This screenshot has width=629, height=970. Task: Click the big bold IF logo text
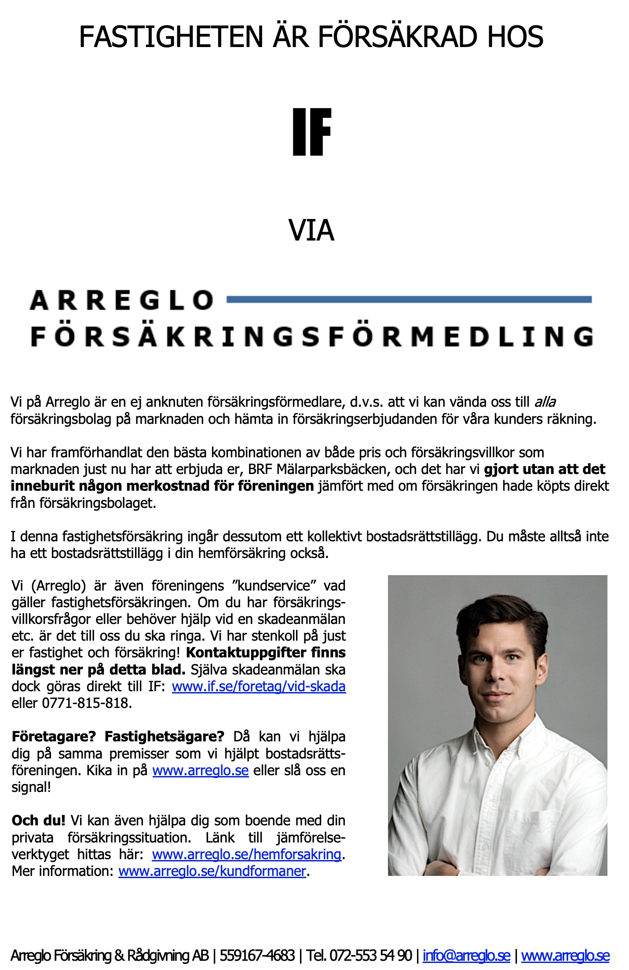tap(311, 132)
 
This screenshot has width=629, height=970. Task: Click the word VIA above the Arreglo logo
tap(311, 230)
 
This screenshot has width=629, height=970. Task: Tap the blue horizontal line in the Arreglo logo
tap(409, 300)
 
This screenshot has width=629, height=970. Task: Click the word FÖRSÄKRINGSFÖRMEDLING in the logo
tap(312, 337)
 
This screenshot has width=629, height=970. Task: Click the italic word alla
tap(545, 402)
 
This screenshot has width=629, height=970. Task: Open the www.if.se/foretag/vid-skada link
tap(259, 686)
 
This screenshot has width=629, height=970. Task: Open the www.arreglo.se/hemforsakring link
tap(246, 854)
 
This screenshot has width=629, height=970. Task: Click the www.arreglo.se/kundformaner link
tap(212, 871)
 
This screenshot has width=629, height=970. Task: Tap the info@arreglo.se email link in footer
tap(466, 955)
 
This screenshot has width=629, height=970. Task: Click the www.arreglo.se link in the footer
tap(565, 955)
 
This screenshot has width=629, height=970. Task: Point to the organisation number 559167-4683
tap(257, 955)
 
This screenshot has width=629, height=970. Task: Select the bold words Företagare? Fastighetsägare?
tap(118, 737)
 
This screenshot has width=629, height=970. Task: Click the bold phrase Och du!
tap(38, 820)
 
